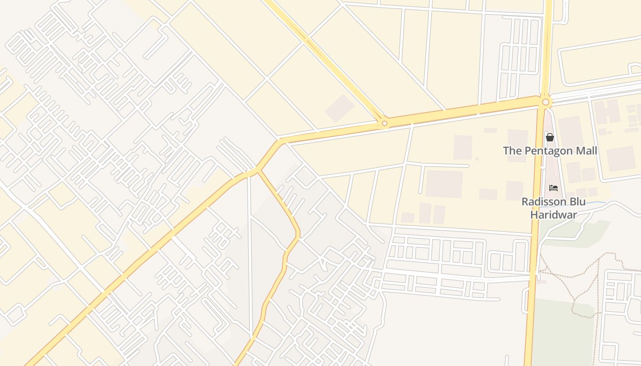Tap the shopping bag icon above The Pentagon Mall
pos(550,137)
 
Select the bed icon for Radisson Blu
pos(554,188)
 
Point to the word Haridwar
pos(553,214)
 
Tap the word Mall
pos(586,151)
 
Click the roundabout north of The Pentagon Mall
pos(545,102)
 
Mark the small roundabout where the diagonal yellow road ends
pos(385,123)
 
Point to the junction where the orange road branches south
pos(259,171)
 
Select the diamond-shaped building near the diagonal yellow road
pos(340,108)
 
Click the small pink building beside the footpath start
pos(542,281)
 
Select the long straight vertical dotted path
pos(598,284)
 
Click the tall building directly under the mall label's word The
pos(517,145)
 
